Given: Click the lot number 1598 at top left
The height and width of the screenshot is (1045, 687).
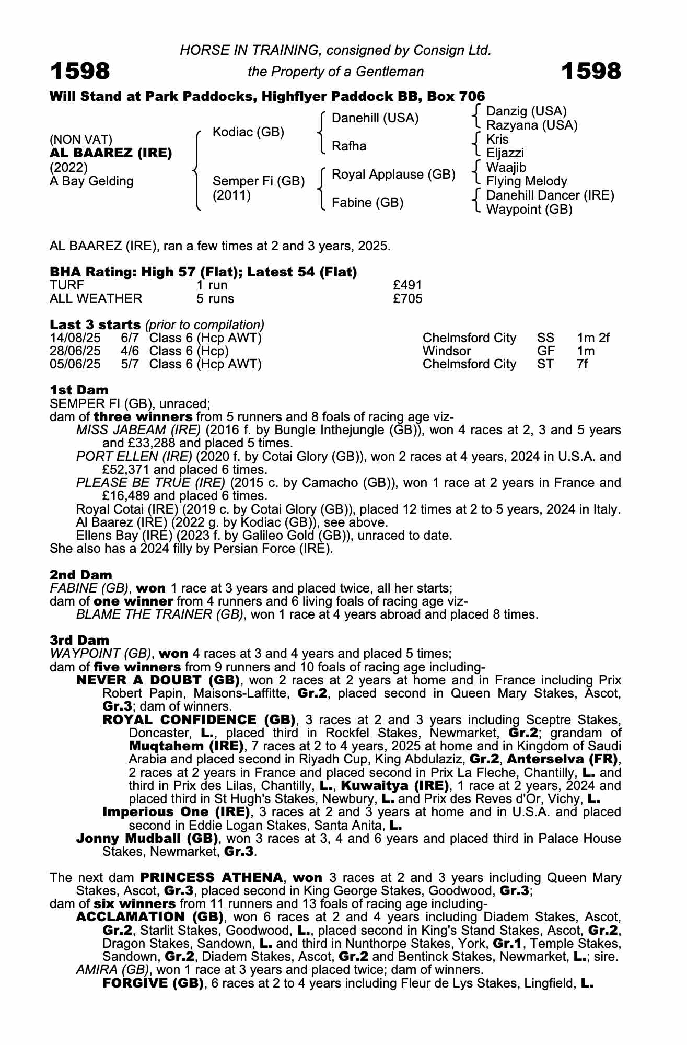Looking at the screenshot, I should pyautogui.click(x=80, y=71).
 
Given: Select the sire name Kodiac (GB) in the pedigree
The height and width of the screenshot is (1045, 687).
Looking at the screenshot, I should pyautogui.click(x=248, y=132).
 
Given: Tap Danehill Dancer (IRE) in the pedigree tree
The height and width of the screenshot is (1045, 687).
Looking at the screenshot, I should pyautogui.click(x=550, y=195).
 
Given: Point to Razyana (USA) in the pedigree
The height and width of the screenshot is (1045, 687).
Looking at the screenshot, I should pyautogui.click(x=531, y=125).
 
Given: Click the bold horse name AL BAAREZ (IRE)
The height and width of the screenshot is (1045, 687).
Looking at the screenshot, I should pyautogui.click(x=111, y=154).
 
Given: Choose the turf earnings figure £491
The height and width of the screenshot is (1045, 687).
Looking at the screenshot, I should pyautogui.click(x=407, y=285).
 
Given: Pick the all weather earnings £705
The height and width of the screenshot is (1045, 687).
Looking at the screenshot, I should pyautogui.click(x=407, y=299).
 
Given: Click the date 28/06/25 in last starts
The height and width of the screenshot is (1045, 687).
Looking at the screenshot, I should pyautogui.click(x=75, y=351).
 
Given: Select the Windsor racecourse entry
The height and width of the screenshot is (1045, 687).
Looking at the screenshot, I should pyautogui.click(x=447, y=351).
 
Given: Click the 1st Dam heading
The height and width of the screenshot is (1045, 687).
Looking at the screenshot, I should pyautogui.click(x=79, y=390).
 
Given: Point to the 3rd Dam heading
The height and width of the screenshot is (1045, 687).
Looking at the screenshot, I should pyautogui.click(x=79, y=640).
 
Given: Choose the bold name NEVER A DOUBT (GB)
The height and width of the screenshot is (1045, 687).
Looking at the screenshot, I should pyautogui.click(x=158, y=680).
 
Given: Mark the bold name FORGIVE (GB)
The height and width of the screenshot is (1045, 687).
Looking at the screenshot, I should pyautogui.click(x=153, y=983).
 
